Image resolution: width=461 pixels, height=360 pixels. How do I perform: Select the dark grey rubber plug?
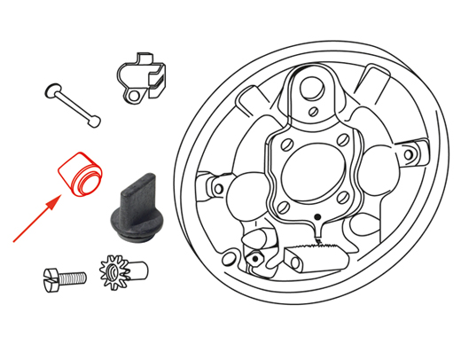pyautogui.click(x=135, y=209)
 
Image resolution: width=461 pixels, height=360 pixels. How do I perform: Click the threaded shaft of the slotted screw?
pyautogui.click(x=74, y=277)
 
